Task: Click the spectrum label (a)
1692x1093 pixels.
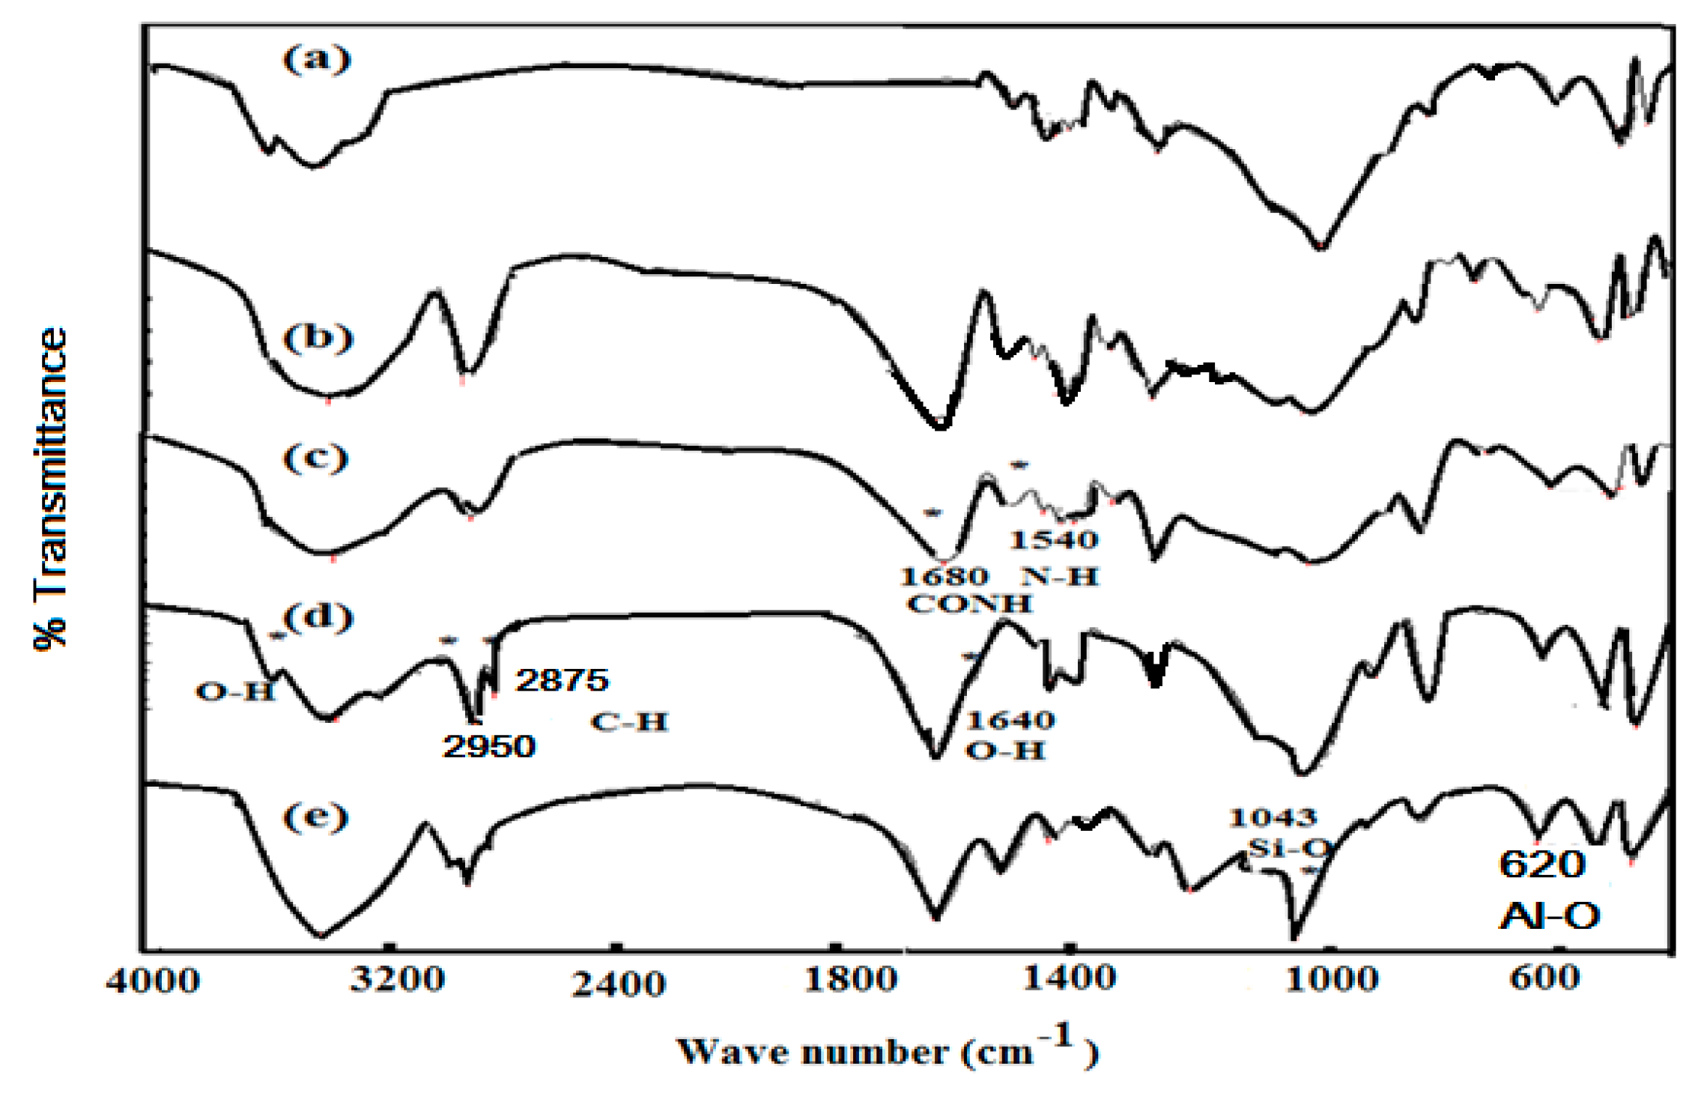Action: tap(316, 59)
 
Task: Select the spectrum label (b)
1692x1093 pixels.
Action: tap(317, 338)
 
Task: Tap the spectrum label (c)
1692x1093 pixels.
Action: tap(315, 457)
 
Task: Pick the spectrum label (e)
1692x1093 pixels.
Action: tap(315, 816)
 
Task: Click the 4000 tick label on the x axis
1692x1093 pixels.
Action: tap(153, 981)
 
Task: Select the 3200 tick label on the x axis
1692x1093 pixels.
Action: tap(397, 979)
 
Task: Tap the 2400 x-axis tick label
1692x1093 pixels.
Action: tap(619, 983)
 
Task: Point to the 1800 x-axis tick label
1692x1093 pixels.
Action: tap(850, 979)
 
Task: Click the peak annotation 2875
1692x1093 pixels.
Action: tap(562, 680)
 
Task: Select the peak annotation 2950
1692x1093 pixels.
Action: tap(489, 746)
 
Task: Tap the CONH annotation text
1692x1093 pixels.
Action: tap(969, 604)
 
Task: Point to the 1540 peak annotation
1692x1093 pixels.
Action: tap(1054, 540)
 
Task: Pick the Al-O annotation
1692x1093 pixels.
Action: tap(1549, 915)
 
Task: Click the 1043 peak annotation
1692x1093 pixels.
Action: tap(1272, 817)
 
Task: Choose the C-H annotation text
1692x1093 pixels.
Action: tap(628, 722)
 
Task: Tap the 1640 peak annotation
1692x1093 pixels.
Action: tap(1010, 721)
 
